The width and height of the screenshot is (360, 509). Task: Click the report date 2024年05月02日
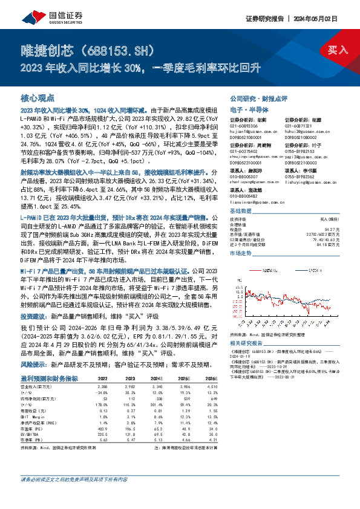(x=326, y=18)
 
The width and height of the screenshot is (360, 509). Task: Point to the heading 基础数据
(x=240, y=210)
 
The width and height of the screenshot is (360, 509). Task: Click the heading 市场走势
(x=240, y=254)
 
